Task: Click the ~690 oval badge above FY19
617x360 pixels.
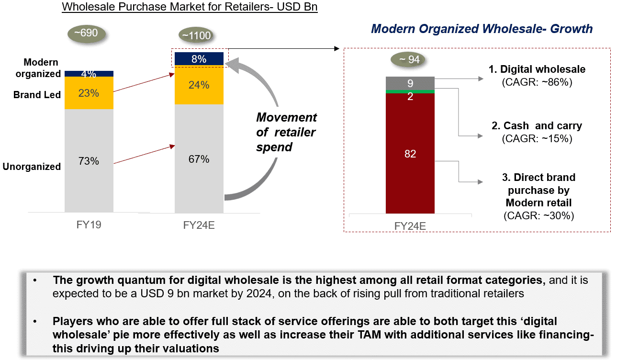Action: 87,34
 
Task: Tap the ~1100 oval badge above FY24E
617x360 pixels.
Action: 196,35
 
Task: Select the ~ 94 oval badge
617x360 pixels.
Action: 408,59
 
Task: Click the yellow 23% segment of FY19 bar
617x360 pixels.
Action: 89,93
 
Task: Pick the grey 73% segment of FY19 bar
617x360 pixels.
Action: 89,161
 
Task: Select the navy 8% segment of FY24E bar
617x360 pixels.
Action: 199,59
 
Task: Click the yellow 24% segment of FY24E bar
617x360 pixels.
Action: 199,85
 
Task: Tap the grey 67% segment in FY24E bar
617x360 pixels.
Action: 199,158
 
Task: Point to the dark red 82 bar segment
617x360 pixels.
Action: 410,153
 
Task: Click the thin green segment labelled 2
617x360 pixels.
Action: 410,91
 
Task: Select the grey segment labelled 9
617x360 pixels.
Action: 410,82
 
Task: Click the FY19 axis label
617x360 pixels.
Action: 89,225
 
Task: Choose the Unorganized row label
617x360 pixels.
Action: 32,167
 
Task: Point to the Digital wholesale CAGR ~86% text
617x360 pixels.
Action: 537,82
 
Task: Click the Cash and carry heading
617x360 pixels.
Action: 537,126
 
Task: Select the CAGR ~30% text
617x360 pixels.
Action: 538,215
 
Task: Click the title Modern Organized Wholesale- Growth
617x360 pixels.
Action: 482,29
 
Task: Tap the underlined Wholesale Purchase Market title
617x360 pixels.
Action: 190,7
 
